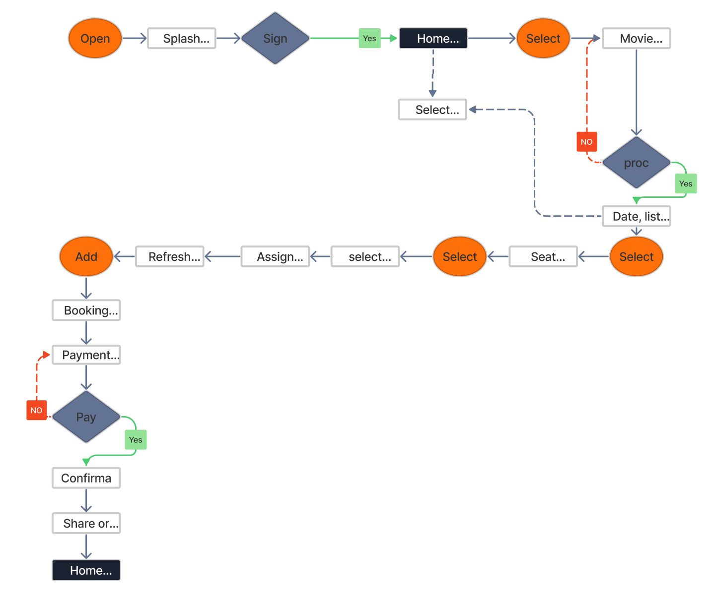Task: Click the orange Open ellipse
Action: pyautogui.click(x=95, y=38)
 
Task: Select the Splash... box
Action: pyautogui.click(x=182, y=38)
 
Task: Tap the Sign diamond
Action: pyautogui.click(x=275, y=38)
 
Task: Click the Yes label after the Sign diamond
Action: pyautogui.click(x=369, y=38)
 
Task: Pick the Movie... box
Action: pyautogui.click(x=636, y=38)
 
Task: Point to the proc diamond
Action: pyautogui.click(x=636, y=163)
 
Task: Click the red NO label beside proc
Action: pyautogui.click(x=586, y=142)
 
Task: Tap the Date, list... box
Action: pyautogui.click(x=636, y=216)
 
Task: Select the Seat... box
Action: pyautogui.click(x=543, y=256)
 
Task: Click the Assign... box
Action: pyautogui.click(x=275, y=256)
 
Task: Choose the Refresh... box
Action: pyautogui.click(x=170, y=256)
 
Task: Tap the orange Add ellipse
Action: pyautogui.click(x=86, y=256)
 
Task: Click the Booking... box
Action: pyautogui.click(x=86, y=310)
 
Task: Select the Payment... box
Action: pyautogui.click(x=86, y=355)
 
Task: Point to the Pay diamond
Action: pyautogui.click(x=86, y=417)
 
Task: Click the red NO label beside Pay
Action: pyautogui.click(x=36, y=410)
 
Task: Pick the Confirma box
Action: pyautogui.click(x=86, y=478)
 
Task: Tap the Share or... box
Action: pyautogui.click(x=86, y=523)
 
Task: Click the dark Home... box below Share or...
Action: pyautogui.click(x=86, y=570)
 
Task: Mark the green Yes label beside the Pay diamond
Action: pyautogui.click(x=136, y=440)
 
